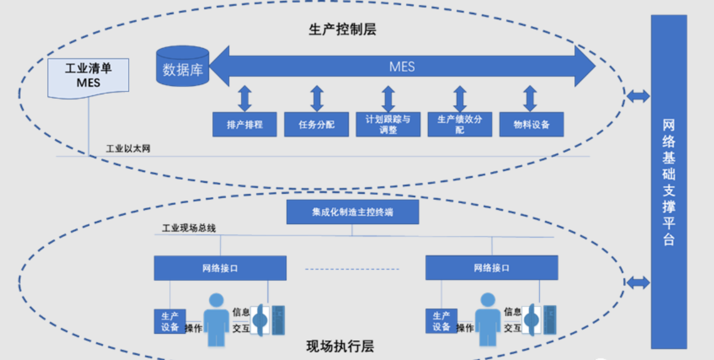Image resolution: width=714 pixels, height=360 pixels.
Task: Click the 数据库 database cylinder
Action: [182, 67]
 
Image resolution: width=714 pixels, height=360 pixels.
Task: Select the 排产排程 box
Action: [245, 125]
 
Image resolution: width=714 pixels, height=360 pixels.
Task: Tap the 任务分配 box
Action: [317, 125]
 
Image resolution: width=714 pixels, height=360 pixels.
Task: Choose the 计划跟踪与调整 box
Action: [388, 125]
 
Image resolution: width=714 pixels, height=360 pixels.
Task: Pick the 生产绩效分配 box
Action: [460, 125]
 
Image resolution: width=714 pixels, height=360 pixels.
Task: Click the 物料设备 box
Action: [531, 125]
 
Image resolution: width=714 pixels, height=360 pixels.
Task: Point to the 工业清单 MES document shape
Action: [88, 77]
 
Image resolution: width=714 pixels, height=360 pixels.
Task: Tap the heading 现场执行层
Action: [340, 346]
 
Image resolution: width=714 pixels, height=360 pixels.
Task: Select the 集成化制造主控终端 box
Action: [353, 212]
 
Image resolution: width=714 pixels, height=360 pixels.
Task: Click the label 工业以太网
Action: [128, 149]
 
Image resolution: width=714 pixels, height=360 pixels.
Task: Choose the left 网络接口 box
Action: [220, 268]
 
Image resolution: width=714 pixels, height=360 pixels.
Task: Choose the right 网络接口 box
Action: [491, 268]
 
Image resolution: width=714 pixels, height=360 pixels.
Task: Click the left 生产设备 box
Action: [170, 321]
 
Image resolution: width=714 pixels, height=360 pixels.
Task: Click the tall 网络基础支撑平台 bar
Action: [669, 181]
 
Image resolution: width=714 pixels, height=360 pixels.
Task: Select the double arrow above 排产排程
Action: [245, 98]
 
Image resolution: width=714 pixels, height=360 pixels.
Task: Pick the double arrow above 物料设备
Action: [530, 98]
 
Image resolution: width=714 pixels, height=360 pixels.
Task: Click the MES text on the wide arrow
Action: [402, 67]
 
